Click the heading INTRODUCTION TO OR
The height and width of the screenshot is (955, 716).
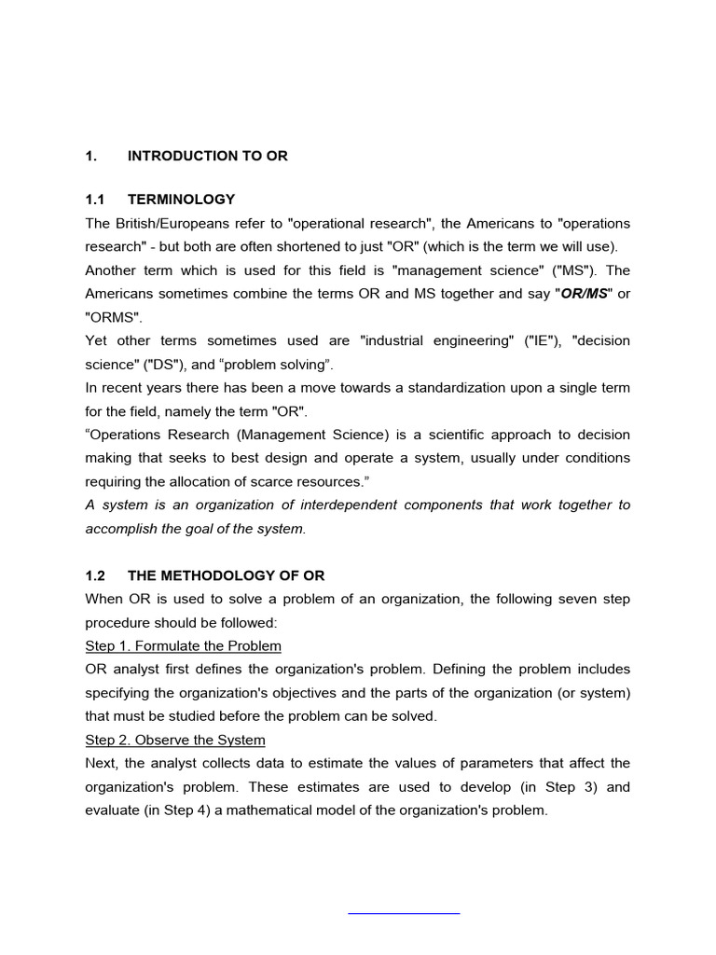click(207, 157)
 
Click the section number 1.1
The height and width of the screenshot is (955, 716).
click(97, 200)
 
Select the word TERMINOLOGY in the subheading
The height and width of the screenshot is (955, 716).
click(181, 200)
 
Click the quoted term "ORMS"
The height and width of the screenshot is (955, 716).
click(111, 317)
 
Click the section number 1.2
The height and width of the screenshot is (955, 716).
click(97, 575)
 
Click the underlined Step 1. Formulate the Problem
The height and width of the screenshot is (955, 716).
click(183, 645)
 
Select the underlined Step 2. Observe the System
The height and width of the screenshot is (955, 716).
click(175, 740)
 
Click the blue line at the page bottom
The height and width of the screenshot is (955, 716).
click(404, 913)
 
